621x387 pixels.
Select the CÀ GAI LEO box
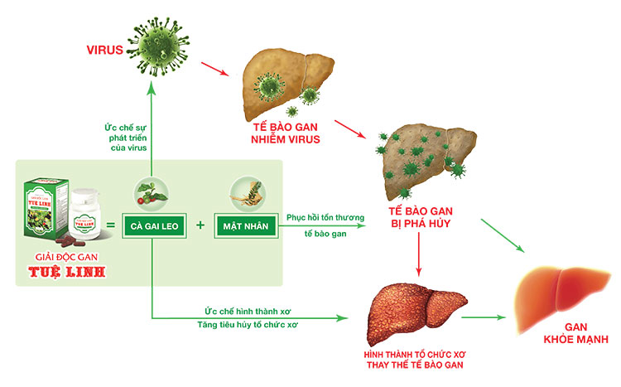(x=152, y=225)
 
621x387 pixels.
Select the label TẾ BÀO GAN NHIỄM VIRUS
(x=281, y=133)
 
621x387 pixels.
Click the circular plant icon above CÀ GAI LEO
(x=151, y=191)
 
